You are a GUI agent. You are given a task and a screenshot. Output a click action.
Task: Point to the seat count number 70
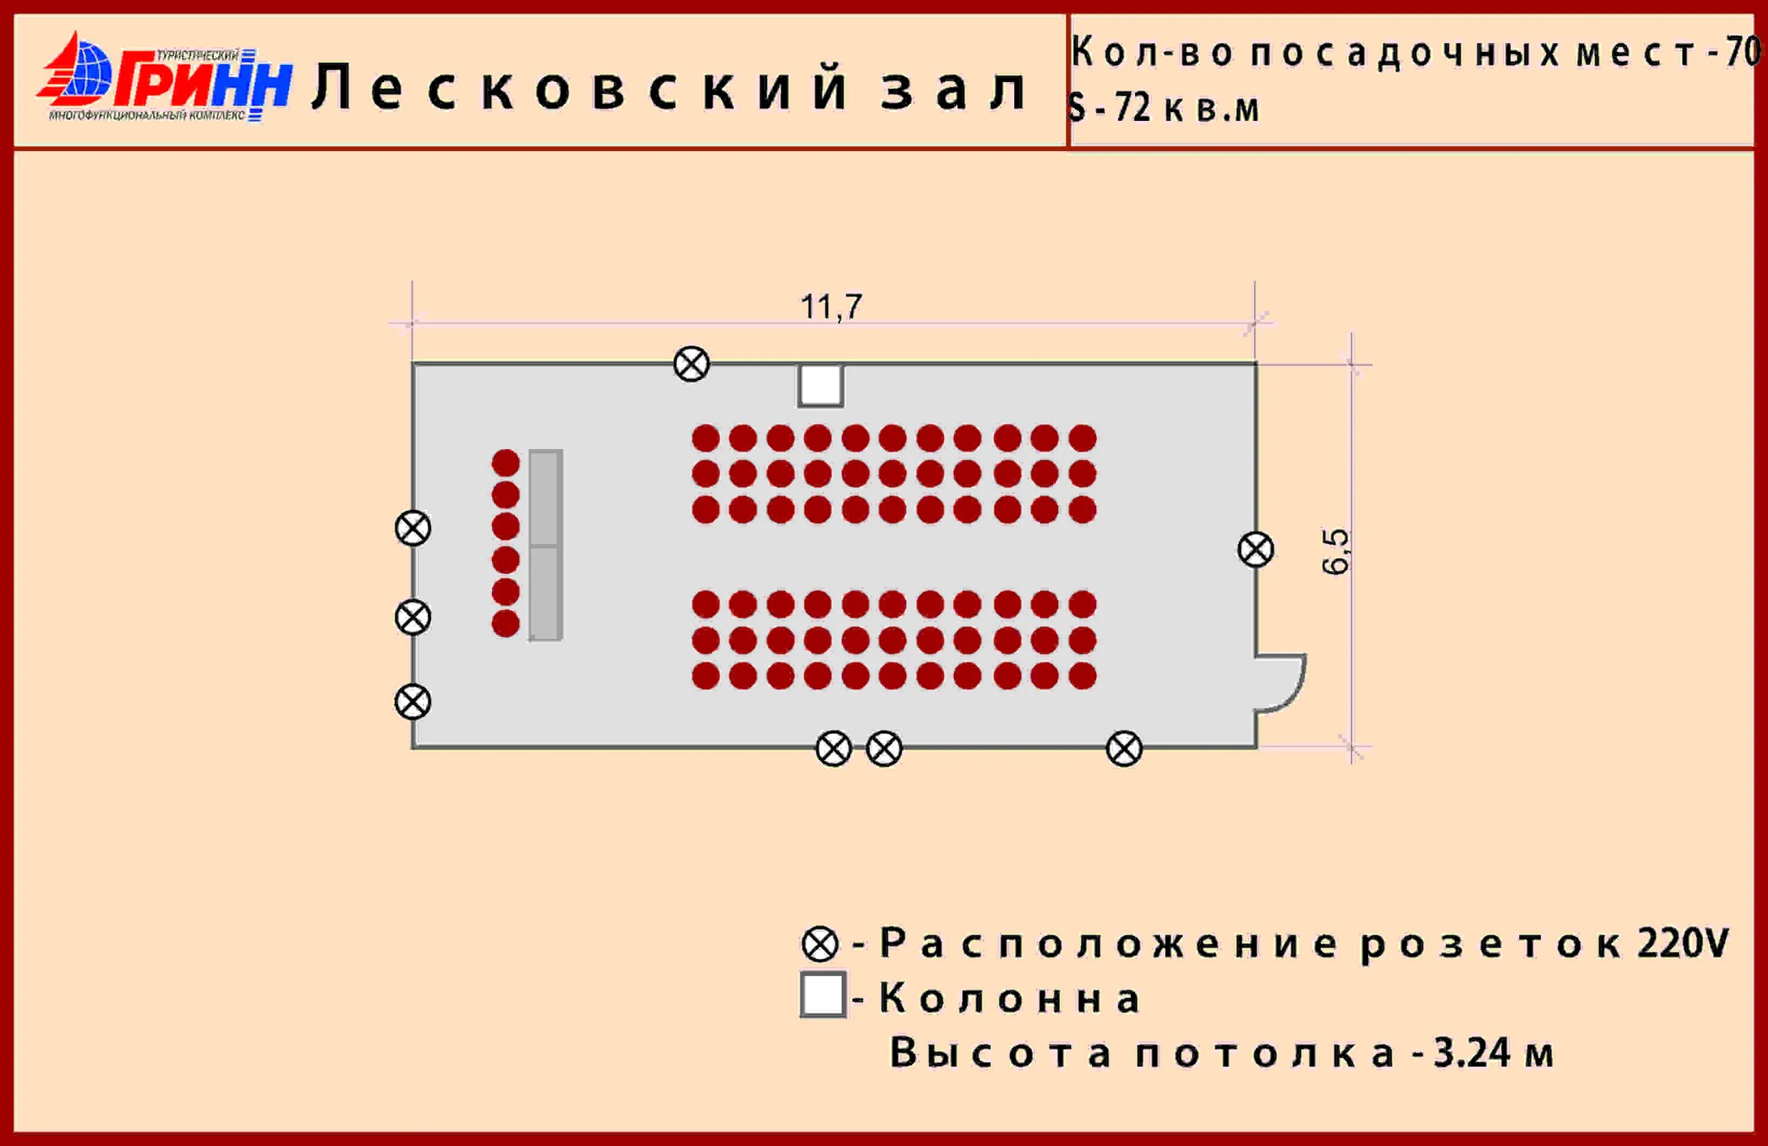click(1742, 52)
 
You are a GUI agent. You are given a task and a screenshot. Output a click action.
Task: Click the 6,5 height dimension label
click(1335, 551)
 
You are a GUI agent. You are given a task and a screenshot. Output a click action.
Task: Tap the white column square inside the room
click(821, 385)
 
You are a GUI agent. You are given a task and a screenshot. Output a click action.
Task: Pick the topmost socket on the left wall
click(413, 528)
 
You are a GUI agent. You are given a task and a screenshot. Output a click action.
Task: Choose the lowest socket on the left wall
click(413, 702)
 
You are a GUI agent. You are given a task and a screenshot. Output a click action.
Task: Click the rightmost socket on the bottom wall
click(1124, 749)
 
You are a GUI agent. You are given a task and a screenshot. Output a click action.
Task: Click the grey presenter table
click(545, 545)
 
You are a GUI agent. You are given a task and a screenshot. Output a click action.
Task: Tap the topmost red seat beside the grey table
click(506, 463)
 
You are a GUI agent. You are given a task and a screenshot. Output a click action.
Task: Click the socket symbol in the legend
click(820, 944)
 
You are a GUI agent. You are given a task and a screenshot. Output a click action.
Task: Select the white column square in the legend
click(822, 994)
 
